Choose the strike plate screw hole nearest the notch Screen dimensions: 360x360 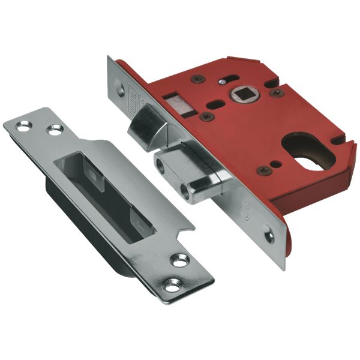[x=178, y=260]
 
